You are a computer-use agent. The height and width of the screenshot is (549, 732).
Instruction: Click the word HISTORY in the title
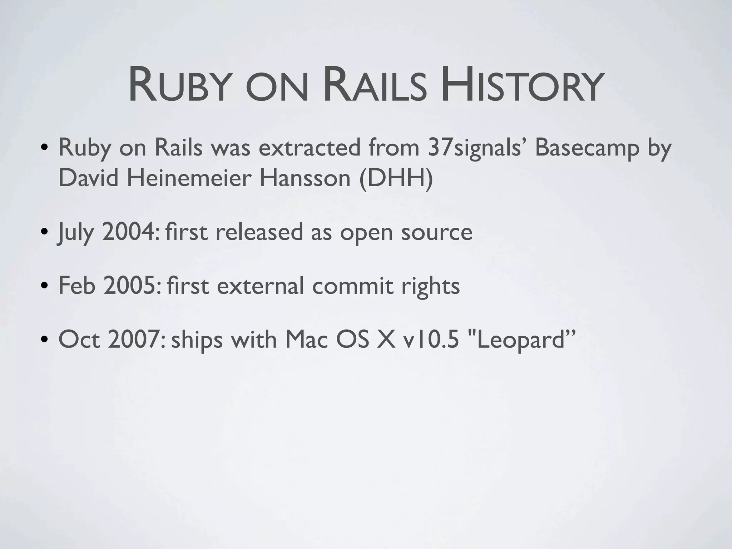520,87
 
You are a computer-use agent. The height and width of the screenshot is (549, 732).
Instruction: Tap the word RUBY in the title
178,87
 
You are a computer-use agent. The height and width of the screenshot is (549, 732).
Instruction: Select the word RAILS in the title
375,87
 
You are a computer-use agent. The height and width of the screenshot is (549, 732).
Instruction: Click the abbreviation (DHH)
396,178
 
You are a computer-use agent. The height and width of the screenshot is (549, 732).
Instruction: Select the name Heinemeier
189,178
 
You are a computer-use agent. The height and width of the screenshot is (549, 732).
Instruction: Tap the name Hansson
305,178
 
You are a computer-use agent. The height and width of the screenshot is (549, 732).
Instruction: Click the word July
76,232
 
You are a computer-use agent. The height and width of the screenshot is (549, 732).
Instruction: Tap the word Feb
76,286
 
